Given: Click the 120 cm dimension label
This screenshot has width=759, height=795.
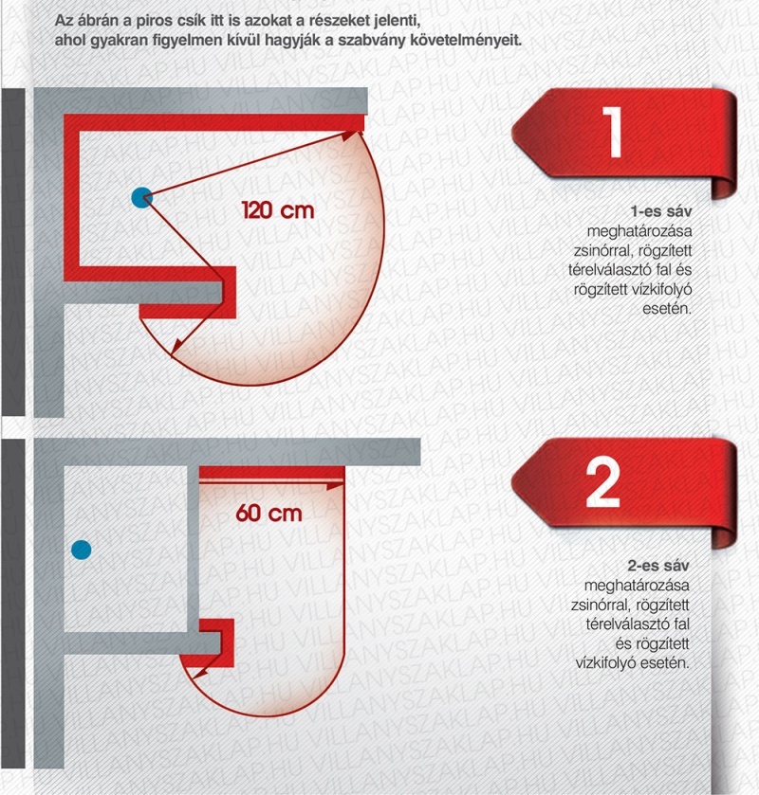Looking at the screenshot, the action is (278, 210).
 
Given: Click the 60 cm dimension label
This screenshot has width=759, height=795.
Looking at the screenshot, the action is (269, 514).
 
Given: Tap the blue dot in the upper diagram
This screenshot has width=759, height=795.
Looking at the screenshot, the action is (141, 197).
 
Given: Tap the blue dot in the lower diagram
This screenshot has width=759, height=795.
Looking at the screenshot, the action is (82, 550).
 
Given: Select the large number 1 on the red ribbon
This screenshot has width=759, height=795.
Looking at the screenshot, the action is (613, 132).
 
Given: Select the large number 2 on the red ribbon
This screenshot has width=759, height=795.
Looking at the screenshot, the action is (602, 482).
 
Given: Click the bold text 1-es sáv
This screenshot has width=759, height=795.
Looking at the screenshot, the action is (661, 211).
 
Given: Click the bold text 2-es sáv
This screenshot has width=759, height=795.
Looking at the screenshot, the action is (658, 566).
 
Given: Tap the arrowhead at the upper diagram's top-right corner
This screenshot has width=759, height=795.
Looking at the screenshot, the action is (350, 135).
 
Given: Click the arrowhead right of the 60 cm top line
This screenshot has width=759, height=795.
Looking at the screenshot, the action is (334, 485).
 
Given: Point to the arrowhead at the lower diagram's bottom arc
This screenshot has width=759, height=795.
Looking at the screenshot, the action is (199, 674).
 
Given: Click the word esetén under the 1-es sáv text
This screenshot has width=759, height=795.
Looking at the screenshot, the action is (667, 308).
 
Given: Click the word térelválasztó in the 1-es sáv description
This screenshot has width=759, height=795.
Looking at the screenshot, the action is (602, 269).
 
